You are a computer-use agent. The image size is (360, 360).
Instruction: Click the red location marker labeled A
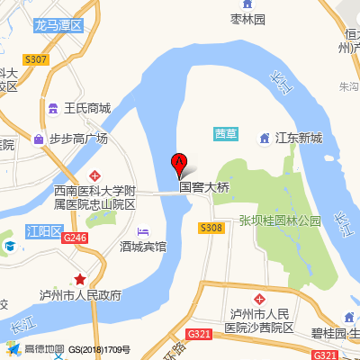point(179,165)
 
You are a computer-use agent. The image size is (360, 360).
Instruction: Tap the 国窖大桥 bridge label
point(204,188)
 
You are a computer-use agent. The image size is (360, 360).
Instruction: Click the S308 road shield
point(211,228)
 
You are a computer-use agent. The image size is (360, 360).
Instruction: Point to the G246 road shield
point(75,237)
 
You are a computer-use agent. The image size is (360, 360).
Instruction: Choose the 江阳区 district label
point(42,229)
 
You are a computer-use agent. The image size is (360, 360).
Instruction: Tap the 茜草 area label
point(225,133)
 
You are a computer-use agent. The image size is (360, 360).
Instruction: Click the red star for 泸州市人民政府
point(80,279)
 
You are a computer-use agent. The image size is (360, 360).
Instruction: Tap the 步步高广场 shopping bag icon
point(39,139)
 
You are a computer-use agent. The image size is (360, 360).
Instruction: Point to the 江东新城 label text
point(298,139)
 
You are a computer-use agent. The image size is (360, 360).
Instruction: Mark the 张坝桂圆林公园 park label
point(280,220)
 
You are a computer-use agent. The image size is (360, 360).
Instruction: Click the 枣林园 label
point(247,19)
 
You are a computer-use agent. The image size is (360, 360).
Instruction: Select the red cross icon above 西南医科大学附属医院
point(95,175)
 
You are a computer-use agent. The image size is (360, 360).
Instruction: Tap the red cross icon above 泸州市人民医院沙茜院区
point(259,297)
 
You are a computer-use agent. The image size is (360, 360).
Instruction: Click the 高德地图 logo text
point(44,349)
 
